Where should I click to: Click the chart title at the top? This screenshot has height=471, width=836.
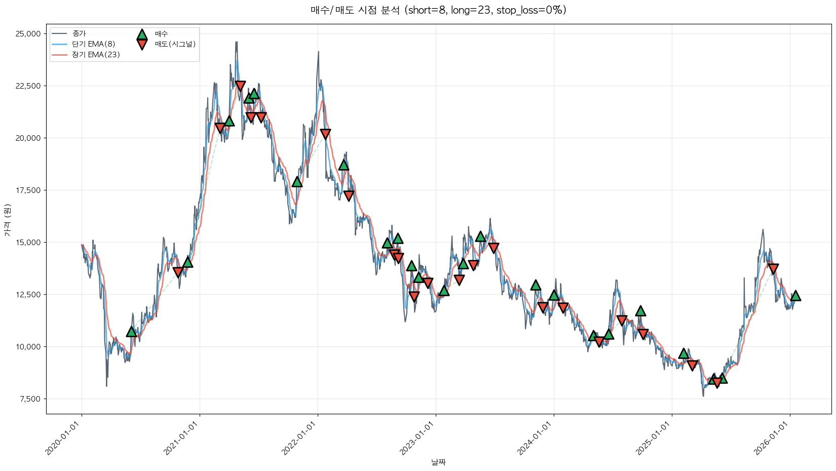[x=438, y=10]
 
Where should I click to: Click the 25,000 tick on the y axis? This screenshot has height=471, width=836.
[x=28, y=34]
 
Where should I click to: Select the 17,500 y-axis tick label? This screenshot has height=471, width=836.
[x=28, y=190]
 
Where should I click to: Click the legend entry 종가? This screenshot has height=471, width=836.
[x=79, y=33]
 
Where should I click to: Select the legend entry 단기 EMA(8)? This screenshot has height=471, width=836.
[x=93, y=44]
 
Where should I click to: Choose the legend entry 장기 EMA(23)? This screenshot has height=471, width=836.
[x=96, y=55]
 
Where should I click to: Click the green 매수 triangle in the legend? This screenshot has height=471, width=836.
[x=142, y=34]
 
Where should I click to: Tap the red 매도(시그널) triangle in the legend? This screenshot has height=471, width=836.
[x=142, y=45]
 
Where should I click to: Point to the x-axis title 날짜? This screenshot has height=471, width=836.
[x=438, y=462]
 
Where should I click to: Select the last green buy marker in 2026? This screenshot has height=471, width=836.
[x=795, y=296]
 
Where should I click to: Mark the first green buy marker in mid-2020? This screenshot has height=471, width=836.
[x=131, y=332]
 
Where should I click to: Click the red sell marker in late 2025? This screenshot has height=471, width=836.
[x=773, y=268]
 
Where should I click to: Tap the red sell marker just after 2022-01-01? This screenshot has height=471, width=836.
[x=325, y=134]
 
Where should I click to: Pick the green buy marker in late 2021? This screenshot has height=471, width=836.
[x=297, y=182]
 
